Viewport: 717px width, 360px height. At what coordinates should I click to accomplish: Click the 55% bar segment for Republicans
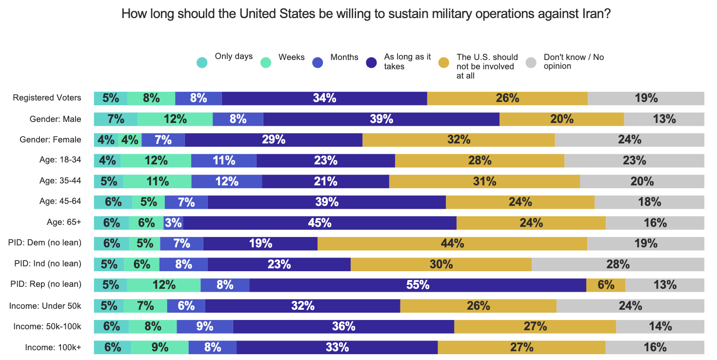pyautogui.click(x=418, y=285)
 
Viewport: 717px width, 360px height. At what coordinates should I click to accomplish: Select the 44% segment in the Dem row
pyautogui.click(x=452, y=243)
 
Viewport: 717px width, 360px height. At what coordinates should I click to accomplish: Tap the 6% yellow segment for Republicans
pyautogui.click(x=606, y=285)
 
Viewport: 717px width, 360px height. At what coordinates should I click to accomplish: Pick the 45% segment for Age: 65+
pyautogui.click(x=320, y=223)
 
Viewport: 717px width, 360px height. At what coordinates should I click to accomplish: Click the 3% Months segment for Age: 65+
pyautogui.click(x=174, y=223)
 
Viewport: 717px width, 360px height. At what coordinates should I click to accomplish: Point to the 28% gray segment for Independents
pyautogui.click(x=618, y=264)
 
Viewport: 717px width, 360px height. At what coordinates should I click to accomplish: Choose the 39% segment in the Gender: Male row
pyautogui.click(x=381, y=119)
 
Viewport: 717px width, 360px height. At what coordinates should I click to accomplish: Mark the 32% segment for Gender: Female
pyautogui.click(x=458, y=140)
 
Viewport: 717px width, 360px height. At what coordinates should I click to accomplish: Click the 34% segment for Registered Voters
pyautogui.click(x=324, y=98)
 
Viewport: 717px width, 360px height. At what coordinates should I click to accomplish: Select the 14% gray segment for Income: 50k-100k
pyautogui.click(x=660, y=326)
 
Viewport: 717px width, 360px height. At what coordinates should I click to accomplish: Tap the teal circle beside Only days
pyautogui.click(x=202, y=62)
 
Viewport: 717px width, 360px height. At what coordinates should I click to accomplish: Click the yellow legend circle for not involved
pyautogui.click(x=443, y=62)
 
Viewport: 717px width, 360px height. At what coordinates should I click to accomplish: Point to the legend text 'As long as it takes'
pyautogui.click(x=407, y=61)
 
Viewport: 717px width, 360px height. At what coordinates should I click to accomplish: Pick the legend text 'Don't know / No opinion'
pyautogui.click(x=574, y=61)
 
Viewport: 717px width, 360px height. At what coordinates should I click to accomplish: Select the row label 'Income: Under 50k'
pyautogui.click(x=45, y=306)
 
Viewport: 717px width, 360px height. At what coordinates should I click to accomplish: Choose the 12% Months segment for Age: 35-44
pyautogui.click(x=227, y=181)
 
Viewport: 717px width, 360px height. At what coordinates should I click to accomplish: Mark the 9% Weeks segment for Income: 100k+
pyautogui.click(x=160, y=347)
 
